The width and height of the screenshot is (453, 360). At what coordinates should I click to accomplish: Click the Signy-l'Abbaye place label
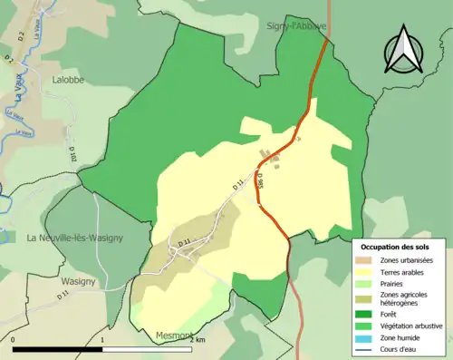tap(298, 27)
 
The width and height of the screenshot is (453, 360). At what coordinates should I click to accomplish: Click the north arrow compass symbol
tap(403, 51)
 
